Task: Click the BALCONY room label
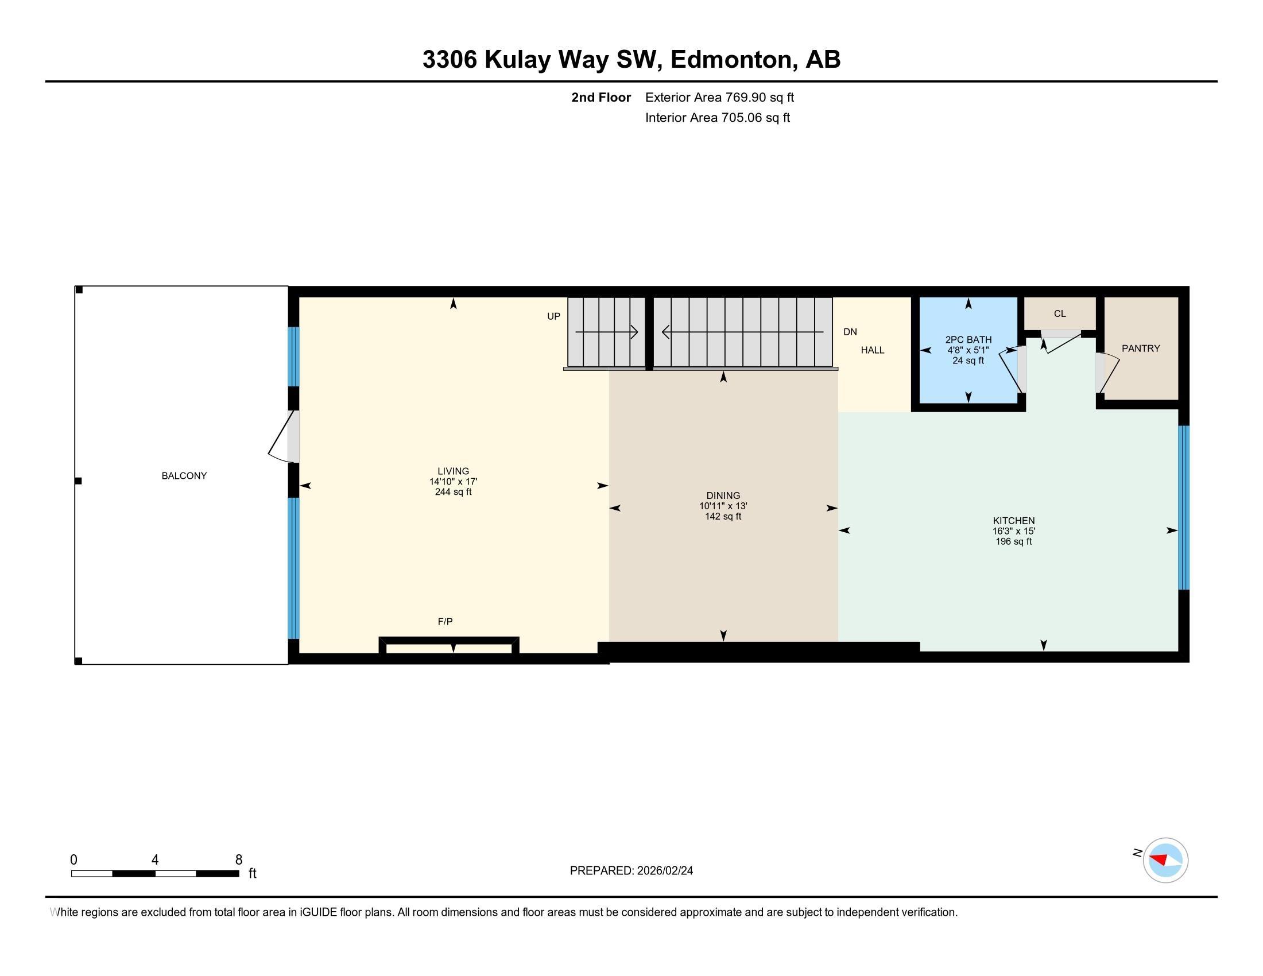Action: point(184,476)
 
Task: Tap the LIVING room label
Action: point(453,471)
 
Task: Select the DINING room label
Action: point(723,495)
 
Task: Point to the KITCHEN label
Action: point(1014,520)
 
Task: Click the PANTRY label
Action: point(1140,348)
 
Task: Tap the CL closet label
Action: point(1059,313)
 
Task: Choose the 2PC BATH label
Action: point(968,340)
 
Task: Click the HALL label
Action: point(872,350)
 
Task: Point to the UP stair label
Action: point(553,316)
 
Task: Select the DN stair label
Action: point(850,332)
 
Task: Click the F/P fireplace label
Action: point(445,622)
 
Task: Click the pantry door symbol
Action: point(1107,373)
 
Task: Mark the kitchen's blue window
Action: point(1183,507)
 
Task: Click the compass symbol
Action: point(1165,860)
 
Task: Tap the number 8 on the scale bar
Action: point(238,860)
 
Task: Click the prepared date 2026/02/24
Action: point(664,871)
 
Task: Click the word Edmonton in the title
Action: point(731,59)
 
